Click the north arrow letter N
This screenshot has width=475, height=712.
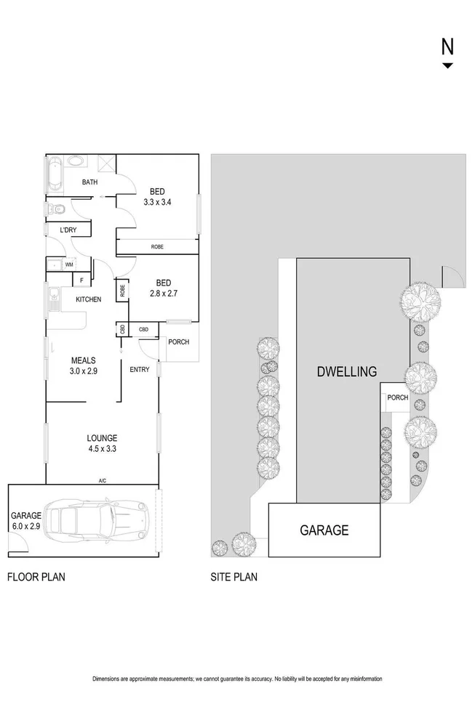[x=447, y=46]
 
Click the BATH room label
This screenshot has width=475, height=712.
[x=89, y=182]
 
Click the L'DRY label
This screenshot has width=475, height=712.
[x=68, y=231]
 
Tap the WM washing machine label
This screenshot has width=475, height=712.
[x=69, y=264]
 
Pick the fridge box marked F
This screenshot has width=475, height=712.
[x=81, y=280]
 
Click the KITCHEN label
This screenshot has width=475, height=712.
[x=88, y=299]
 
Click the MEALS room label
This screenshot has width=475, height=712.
[x=84, y=360]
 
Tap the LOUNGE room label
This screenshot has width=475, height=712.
[x=102, y=437]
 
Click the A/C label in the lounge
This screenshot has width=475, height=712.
[x=103, y=480]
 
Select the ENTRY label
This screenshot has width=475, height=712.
[x=140, y=370]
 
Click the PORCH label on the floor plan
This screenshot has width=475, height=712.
[x=178, y=343]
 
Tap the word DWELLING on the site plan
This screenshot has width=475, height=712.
[x=347, y=372]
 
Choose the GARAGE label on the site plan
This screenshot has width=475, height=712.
[x=324, y=530]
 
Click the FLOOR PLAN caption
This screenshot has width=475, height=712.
[x=36, y=578]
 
